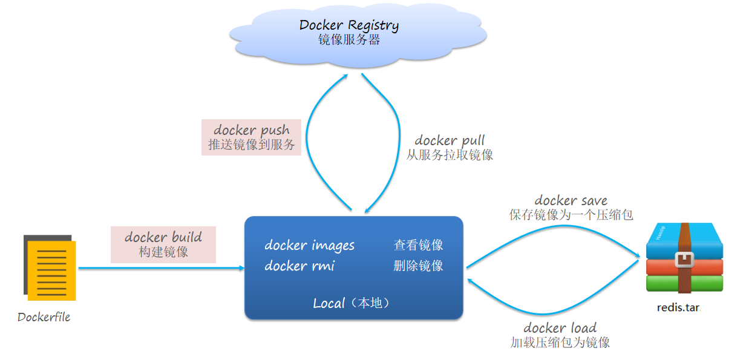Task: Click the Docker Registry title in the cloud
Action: (x=349, y=25)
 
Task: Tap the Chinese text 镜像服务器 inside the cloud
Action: (x=349, y=40)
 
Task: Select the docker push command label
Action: (x=251, y=130)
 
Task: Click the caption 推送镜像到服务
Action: (x=251, y=145)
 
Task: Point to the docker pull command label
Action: (x=450, y=140)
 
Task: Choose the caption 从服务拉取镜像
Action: (x=450, y=155)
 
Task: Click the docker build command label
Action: (x=163, y=237)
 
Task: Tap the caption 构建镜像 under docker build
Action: (x=163, y=252)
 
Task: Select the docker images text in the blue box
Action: (x=309, y=245)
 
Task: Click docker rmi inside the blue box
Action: (x=299, y=266)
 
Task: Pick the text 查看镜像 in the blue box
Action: (x=419, y=245)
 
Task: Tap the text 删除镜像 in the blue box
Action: (x=419, y=266)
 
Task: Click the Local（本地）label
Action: (x=352, y=303)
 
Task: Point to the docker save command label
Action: (x=571, y=200)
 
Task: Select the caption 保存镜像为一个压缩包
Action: (x=571, y=215)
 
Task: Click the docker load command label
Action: (x=560, y=328)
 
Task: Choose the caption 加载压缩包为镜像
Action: (x=560, y=342)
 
